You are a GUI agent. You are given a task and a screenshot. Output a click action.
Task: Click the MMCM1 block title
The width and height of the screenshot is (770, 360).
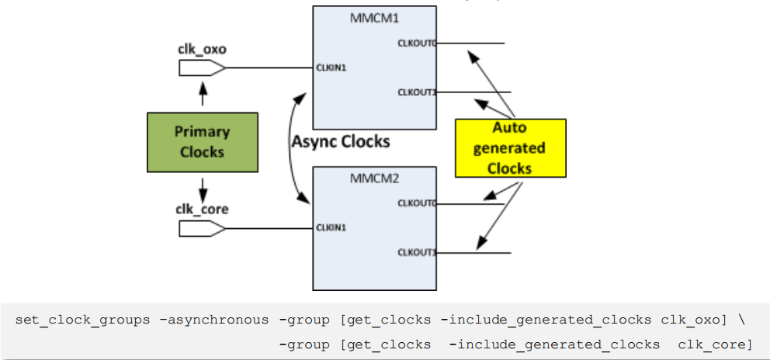[x=373, y=16]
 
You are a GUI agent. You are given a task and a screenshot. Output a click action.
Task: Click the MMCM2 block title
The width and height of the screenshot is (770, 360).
[x=373, y=178]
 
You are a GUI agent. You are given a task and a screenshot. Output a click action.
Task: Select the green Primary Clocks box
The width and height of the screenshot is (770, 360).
[x=202, y=142]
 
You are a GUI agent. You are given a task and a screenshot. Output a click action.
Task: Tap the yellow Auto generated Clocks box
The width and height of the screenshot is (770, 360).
[x=510, y=147]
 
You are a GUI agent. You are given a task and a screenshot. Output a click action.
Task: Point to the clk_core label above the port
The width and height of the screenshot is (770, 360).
[x=202, y=209]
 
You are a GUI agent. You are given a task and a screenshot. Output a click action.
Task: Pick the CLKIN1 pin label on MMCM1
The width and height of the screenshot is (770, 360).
[x=331, y=68]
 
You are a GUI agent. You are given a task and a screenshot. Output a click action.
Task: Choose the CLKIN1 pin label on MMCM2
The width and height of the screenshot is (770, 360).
[x=331, y=228]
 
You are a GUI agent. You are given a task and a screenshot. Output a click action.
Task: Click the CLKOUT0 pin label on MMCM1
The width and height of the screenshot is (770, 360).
[x=417, y=43]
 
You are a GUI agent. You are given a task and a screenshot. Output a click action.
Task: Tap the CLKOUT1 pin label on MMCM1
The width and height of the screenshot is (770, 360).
[x=417, y=92]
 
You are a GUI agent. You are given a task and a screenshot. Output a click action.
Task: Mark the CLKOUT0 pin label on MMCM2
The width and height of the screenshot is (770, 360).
[x=417, y=203]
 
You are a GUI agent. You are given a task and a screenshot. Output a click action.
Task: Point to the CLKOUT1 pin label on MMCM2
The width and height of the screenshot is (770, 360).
[x=417, y=252]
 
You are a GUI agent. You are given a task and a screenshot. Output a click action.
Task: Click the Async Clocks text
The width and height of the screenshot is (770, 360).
[x=341, y=142]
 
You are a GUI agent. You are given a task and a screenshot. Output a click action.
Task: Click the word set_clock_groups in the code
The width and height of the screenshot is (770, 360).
[x=82, y=320]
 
